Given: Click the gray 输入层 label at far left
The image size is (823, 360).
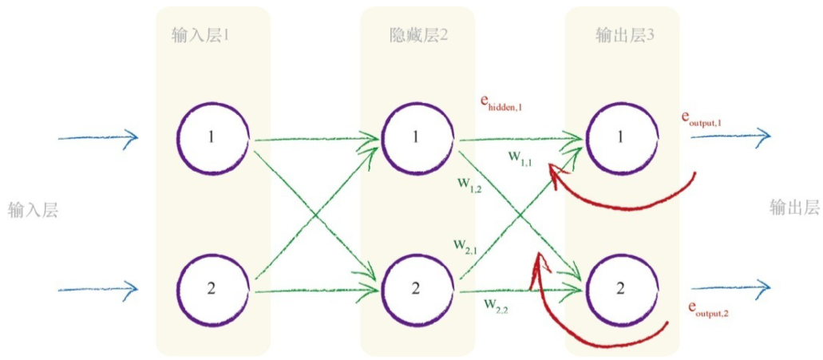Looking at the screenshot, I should click(x=34, y=210).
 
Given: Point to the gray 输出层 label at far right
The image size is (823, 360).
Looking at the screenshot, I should click(x=794, y=208).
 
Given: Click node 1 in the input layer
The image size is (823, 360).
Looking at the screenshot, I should click(x=212, y=137).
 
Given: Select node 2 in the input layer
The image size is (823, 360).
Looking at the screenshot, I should click(x=212, y=288).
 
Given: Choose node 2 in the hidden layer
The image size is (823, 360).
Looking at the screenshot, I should click(x=416, y=288).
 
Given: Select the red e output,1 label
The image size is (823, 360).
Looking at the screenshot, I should click(x=701, y=119).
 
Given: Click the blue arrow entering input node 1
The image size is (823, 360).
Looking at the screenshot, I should click(x=97, y=138).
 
